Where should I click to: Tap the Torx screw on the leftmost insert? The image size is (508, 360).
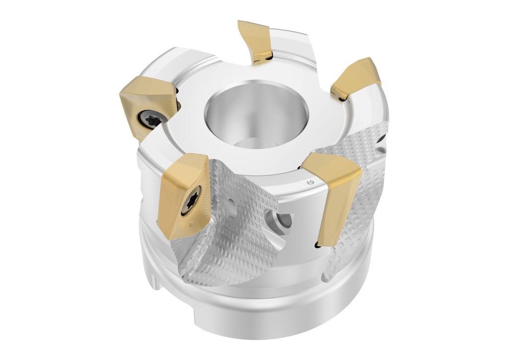[150, 119]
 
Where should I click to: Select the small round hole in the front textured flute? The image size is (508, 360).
[231, 202]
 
